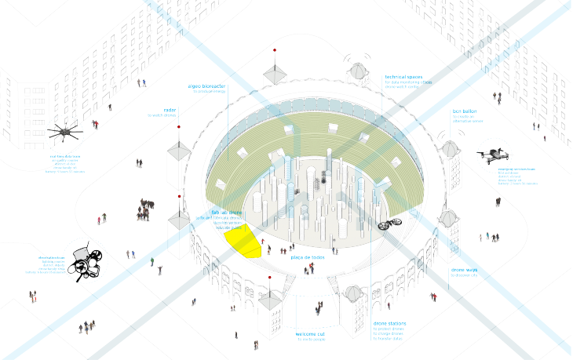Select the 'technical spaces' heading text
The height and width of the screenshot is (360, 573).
point(403,77)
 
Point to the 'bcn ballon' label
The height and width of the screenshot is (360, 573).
point(464,111)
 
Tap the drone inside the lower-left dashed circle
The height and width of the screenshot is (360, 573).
point(86,264)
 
